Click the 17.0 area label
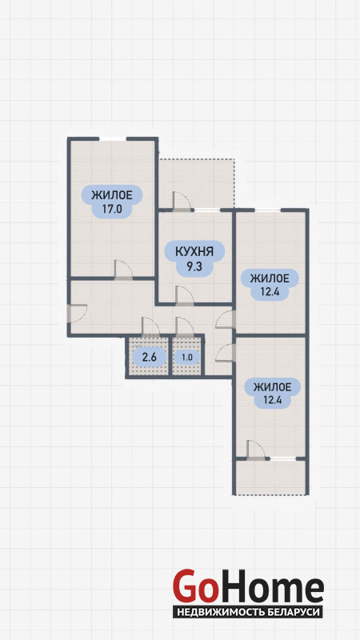112,210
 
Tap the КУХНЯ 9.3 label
194,258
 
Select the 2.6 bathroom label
148,358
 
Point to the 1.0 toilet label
187,358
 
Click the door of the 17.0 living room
123,270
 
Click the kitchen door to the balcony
182,201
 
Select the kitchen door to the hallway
185,296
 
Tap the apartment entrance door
77,314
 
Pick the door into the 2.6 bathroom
150,326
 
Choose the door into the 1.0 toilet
185,326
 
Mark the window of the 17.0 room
113,138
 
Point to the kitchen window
206,210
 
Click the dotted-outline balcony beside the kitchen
197,184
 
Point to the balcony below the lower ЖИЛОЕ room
271,477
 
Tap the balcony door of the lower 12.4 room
255,450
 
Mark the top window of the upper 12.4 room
268,210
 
